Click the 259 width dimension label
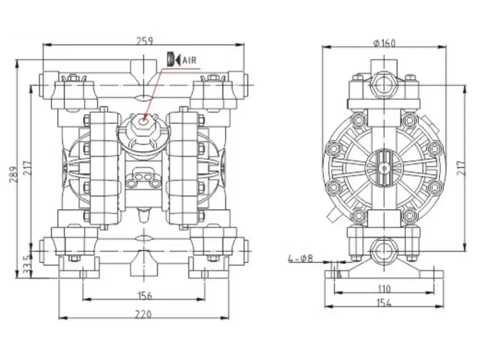point(144,41)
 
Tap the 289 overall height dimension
point(13,175)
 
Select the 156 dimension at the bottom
point(144,295)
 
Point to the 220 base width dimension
point(144,314)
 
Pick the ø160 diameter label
point(384,43)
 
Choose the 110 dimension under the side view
point(384,288)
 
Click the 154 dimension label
point(384,303)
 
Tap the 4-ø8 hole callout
point(300,258)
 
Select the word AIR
point(189,60)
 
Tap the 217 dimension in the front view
point(27,168)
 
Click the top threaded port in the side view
point(384,83)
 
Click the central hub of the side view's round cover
point(384,168)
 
